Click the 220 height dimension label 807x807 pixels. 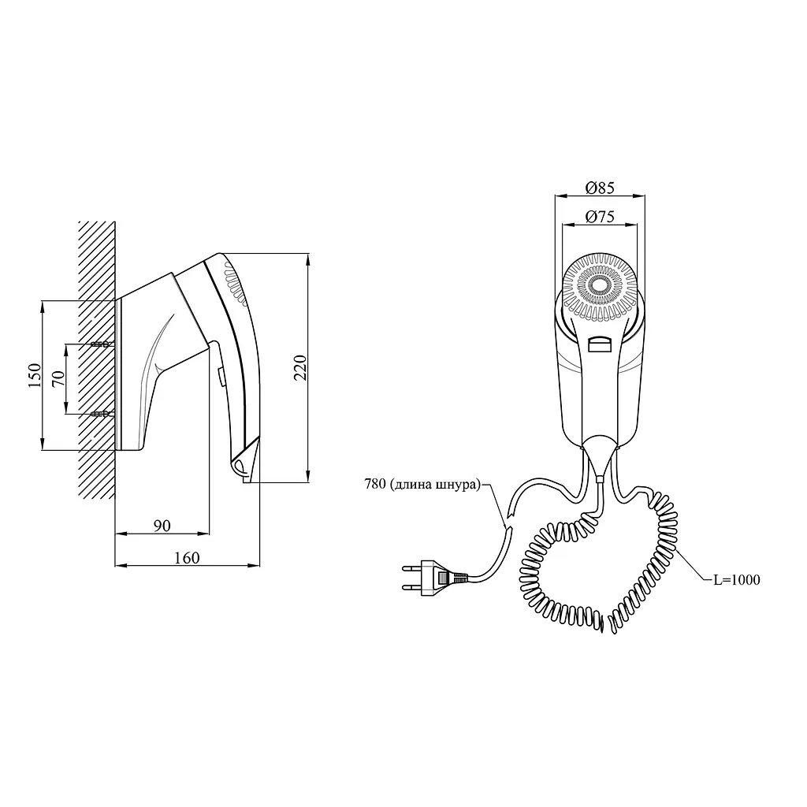[x=300, y=367]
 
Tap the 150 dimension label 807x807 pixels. [x=35, y=375]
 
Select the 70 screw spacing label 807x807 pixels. [x=58, y=379]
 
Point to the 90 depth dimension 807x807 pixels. [x=162, y=526]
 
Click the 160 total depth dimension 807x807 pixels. [x=186, y=558]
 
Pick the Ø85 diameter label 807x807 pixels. [x=600, y=188]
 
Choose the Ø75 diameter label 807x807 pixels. [x=600, y=217]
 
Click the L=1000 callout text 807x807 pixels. [x=737, y=579]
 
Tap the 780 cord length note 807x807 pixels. [x=422, y=484]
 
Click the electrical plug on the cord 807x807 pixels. [x=434, y=578]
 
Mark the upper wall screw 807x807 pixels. [x=102, y=344]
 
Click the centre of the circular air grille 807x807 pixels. [x=600, y=284]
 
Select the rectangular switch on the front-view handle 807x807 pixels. [x=600, y=344]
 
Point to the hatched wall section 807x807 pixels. [x=97, y=360]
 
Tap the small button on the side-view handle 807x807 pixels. [x=221, y=376]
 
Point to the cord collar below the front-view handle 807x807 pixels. [x=600, y=479]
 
